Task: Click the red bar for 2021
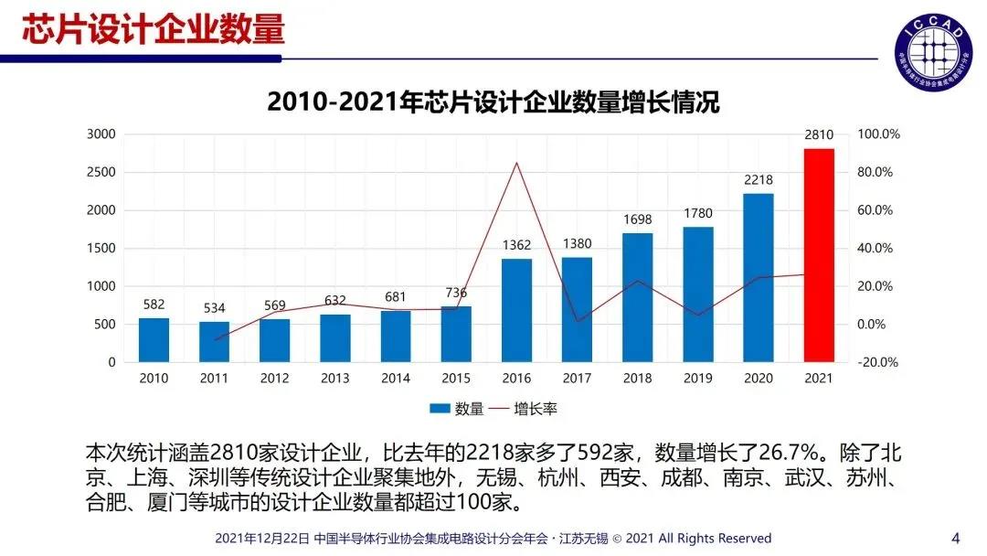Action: click(x=819, y=256)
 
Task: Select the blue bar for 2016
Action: click(x=516, y=311)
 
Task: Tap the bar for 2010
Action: click(x=154, y=339)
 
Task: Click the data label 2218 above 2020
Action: click(x=759, y=179)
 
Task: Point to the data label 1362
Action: click(x=516, y=244)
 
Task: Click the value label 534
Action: click(x=214, y=308)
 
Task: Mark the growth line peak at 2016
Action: click(x=516, y=164)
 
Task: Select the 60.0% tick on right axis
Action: click(x=879, y=210)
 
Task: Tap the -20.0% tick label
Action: click(x=879, y=362)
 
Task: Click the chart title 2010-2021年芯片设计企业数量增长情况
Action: click(x=493, y=102)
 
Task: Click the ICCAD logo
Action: click(x=933, y=45)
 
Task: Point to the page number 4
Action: click(x=956, y=537)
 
